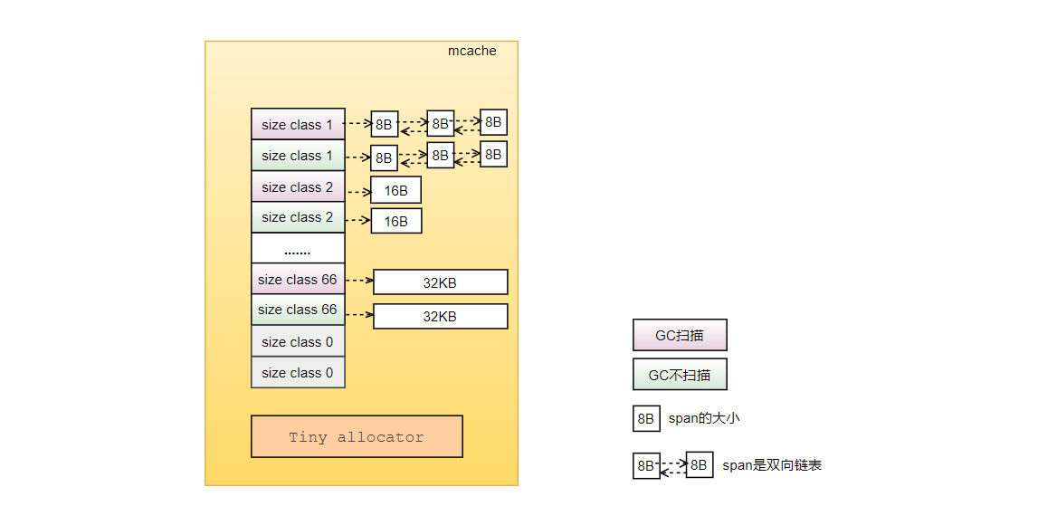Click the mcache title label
471,52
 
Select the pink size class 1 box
298,124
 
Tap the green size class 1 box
298,155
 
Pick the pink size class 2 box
298,186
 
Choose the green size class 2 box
298,217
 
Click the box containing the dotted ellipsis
298,248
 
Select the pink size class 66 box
298,280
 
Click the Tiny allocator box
357,436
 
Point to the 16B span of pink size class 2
396,190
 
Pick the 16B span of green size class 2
396,221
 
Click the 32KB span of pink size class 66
440,282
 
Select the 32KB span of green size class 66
440,317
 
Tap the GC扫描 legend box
680,335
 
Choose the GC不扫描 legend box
680,375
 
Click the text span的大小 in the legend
704,418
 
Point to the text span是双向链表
772,465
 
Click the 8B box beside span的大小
646,419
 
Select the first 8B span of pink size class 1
385,124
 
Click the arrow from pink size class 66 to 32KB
359,280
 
